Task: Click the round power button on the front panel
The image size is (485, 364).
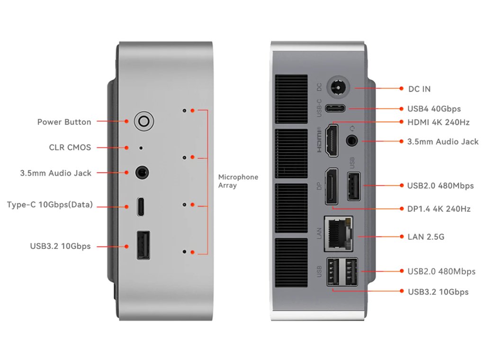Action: (144, 122)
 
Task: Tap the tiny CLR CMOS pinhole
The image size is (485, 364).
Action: (141, 148)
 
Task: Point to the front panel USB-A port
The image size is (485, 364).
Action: (143, 245)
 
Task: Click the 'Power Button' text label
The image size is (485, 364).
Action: (64, 122)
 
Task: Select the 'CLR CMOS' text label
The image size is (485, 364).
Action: (70, 147)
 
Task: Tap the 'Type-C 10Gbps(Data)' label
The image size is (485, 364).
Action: (50, 205)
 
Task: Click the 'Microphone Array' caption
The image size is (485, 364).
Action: (238, 181)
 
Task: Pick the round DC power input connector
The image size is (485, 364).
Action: (339, 88)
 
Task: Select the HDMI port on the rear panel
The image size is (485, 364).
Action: (332, 138)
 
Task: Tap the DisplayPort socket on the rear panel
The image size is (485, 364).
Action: (331, 186)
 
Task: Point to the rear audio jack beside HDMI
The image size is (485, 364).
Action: (352, 140)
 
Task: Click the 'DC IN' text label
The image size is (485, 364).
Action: (419, 89)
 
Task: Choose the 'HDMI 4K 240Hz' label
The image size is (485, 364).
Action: (438, 122)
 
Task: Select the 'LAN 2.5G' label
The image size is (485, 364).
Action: (426, 237)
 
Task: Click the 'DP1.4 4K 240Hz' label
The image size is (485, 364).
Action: (439, 209)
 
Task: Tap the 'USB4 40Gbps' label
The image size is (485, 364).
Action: (434, 109)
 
